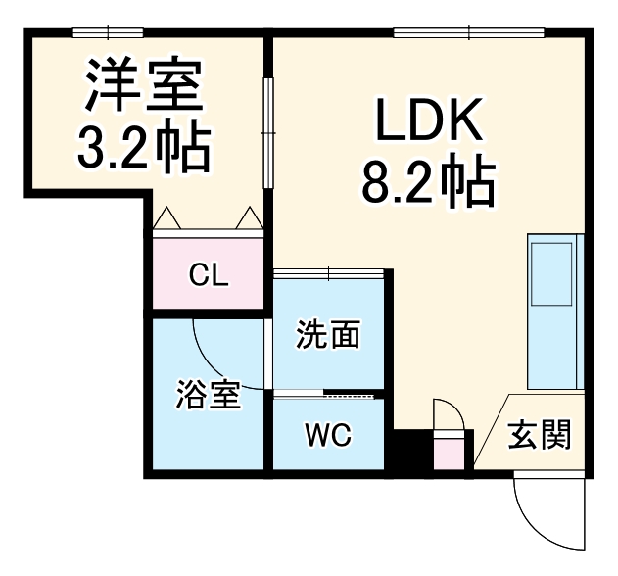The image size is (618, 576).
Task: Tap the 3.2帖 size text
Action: [x=143, y=145]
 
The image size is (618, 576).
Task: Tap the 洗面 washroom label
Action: [x=328, y=336]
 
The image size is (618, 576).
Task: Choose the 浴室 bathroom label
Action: [x=208, y=397]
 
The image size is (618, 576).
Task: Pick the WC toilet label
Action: [x=327, y=432]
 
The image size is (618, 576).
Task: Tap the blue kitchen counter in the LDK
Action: [x=554, y=312]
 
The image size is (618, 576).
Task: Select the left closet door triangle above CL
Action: [x=166, y=217]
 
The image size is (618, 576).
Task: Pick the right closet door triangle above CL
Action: [x=250, y=217]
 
